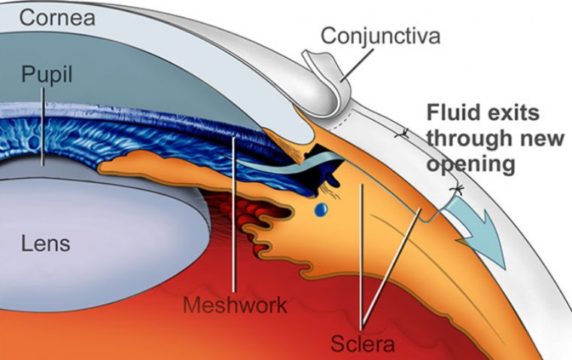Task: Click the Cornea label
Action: click(x=57, y=17)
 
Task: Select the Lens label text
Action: click(x=46, y=243)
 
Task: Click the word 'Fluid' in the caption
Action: click(x=452, y=113)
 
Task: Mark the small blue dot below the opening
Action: click(x=321, y=209)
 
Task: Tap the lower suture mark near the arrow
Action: click(x=454, y=186)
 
